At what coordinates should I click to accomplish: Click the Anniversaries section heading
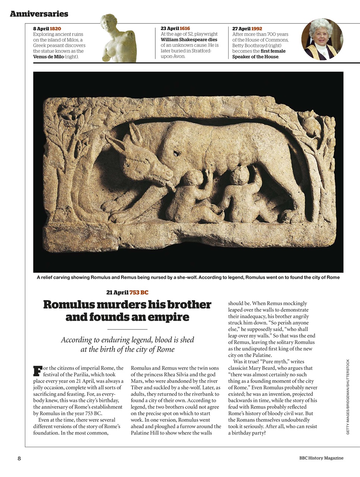pyautogui.click(x=39, y=14)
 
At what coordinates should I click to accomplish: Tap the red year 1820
pyautogui.click(x=55, y=29)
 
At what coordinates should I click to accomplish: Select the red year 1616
pyautogui.click(x=185, y=28)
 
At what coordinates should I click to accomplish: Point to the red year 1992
pyautogui.click(x=257, y=29)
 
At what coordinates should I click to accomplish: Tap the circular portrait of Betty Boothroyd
pyautogui.click(x=322, y=39)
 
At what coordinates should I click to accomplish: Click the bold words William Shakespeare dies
pyautogui.click(x=189, y=40)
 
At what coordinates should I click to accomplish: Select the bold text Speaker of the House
pyautogui.click(x=255, y=57)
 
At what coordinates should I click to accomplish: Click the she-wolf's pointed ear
pyautogui.click(x=133, y=132)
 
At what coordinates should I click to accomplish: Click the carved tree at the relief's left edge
pyautogui.click(x=65, y=168)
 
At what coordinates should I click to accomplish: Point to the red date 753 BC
pyautogui.click(x=139, y=293)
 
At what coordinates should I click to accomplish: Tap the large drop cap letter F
pyautogui.click(x=37, y=371)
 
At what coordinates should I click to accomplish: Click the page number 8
pyautogui.click(x=19, y=458)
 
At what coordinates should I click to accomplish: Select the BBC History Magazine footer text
pyautogui.click(x=321, y=458)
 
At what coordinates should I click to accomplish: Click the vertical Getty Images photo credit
pyautogui.click(x=348, y=397)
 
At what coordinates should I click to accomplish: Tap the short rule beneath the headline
pyautogui.click(x=127, y=329)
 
